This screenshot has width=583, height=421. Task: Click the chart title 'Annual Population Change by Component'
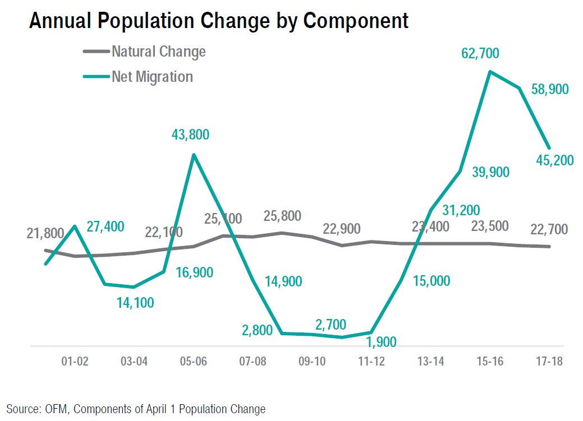218,21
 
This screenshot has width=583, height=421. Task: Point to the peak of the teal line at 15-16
490,72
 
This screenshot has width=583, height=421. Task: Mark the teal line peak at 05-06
194,155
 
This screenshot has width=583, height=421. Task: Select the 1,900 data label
381,342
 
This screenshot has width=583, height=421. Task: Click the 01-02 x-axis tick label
75,362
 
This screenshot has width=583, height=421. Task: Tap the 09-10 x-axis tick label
312,362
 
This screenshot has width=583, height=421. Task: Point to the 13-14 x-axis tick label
430,362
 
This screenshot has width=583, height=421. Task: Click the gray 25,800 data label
282,216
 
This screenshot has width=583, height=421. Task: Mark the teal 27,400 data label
106,226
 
